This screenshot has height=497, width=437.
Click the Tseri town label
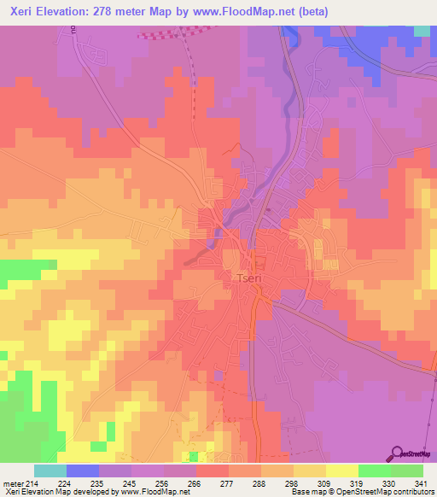pyautogui.click(x=251, y=278)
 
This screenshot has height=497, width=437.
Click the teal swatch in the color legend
pyautogui.click(x=50, y=471)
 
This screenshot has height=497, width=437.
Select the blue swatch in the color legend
pyautogui.click(x=83, y=471)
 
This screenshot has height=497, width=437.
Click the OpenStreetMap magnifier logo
pyautogui.click(x=398, y=453)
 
